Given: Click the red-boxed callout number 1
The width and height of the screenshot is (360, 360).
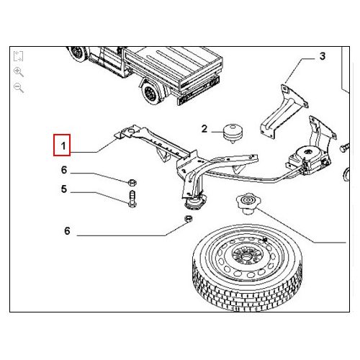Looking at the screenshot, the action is point(63,145).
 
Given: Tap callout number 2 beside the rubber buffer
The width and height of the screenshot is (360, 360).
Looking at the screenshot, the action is point(204,129).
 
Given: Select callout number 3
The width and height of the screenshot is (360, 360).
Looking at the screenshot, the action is point(323,56).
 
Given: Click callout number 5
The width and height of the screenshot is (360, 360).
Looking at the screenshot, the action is point(64,189).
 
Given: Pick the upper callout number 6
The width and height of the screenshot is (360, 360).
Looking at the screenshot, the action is point(64,170).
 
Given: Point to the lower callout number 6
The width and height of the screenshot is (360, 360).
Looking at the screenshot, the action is point(67,231).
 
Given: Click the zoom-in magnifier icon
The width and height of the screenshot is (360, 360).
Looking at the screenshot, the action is point(19,72).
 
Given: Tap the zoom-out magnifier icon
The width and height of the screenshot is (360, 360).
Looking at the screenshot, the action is point(19,88).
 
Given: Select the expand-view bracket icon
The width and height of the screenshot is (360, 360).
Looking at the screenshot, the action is point(18,56).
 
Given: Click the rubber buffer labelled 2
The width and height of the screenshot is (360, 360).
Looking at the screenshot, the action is point(233,133).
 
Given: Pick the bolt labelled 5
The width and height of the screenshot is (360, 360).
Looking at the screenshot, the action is point(132,199).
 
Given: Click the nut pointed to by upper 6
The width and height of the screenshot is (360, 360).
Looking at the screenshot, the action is point(132,183).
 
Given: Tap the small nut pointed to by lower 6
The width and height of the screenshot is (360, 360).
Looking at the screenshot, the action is point(189,218).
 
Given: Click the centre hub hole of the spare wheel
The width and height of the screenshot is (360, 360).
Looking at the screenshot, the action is point(245,257).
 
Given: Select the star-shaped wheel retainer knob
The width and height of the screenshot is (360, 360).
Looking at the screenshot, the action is point(248,204).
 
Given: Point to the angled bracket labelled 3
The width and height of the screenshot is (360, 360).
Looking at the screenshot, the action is point(284,111).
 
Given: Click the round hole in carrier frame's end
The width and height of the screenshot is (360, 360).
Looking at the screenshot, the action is point(130,131).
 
